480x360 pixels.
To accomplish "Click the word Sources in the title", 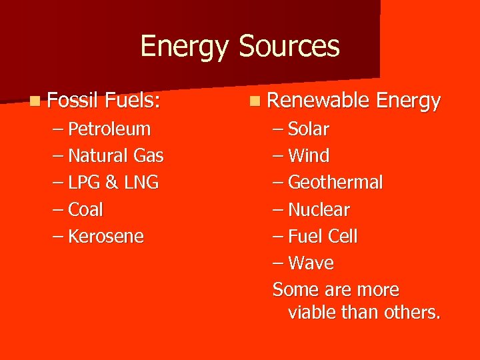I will pyautogui.click(x=289, y=47).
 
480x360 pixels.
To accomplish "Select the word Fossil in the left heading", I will pyautogui.click(x=73, y=101).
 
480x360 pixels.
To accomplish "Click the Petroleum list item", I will pyautogui.click(x=110, y=129).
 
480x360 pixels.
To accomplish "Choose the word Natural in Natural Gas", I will pyautogui.click(x=98, y=156).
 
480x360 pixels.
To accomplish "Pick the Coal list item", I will pyautogui.click(x=86, y=209).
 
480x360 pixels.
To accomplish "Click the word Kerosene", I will pyautogui.click(x=106, y=237).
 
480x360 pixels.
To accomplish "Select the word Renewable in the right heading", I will pyautogui.click(x=318, y=101).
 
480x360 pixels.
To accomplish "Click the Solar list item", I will pyautogui.click(x=309, y=129).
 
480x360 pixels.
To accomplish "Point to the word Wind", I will pyautogui.click(x=309, y=156).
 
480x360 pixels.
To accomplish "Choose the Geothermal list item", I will pyautogui.click(x=335, y=183).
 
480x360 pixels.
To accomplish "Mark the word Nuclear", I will pyautogui.click(x=319, y=210).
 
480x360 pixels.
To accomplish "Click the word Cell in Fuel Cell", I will pyautogui.click(x=342, y=237).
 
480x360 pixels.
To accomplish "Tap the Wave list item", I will pyautogui.click(x=311, y=263).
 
